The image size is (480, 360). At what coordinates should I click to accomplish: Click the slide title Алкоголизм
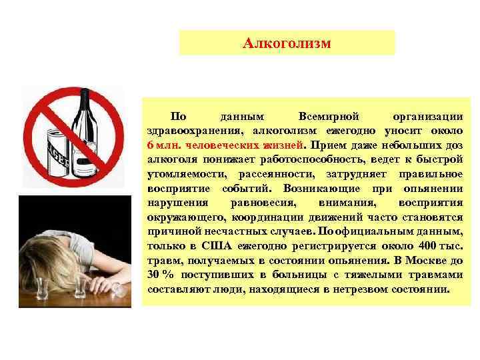click(x=287, y=43)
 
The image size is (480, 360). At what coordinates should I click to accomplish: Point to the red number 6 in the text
click(x=151, y=144)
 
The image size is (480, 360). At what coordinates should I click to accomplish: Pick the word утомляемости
click(x=183, y=173)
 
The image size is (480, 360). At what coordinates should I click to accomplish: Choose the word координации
click(x=271, y=217)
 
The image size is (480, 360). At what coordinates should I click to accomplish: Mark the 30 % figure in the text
click(x=158, y=276)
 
